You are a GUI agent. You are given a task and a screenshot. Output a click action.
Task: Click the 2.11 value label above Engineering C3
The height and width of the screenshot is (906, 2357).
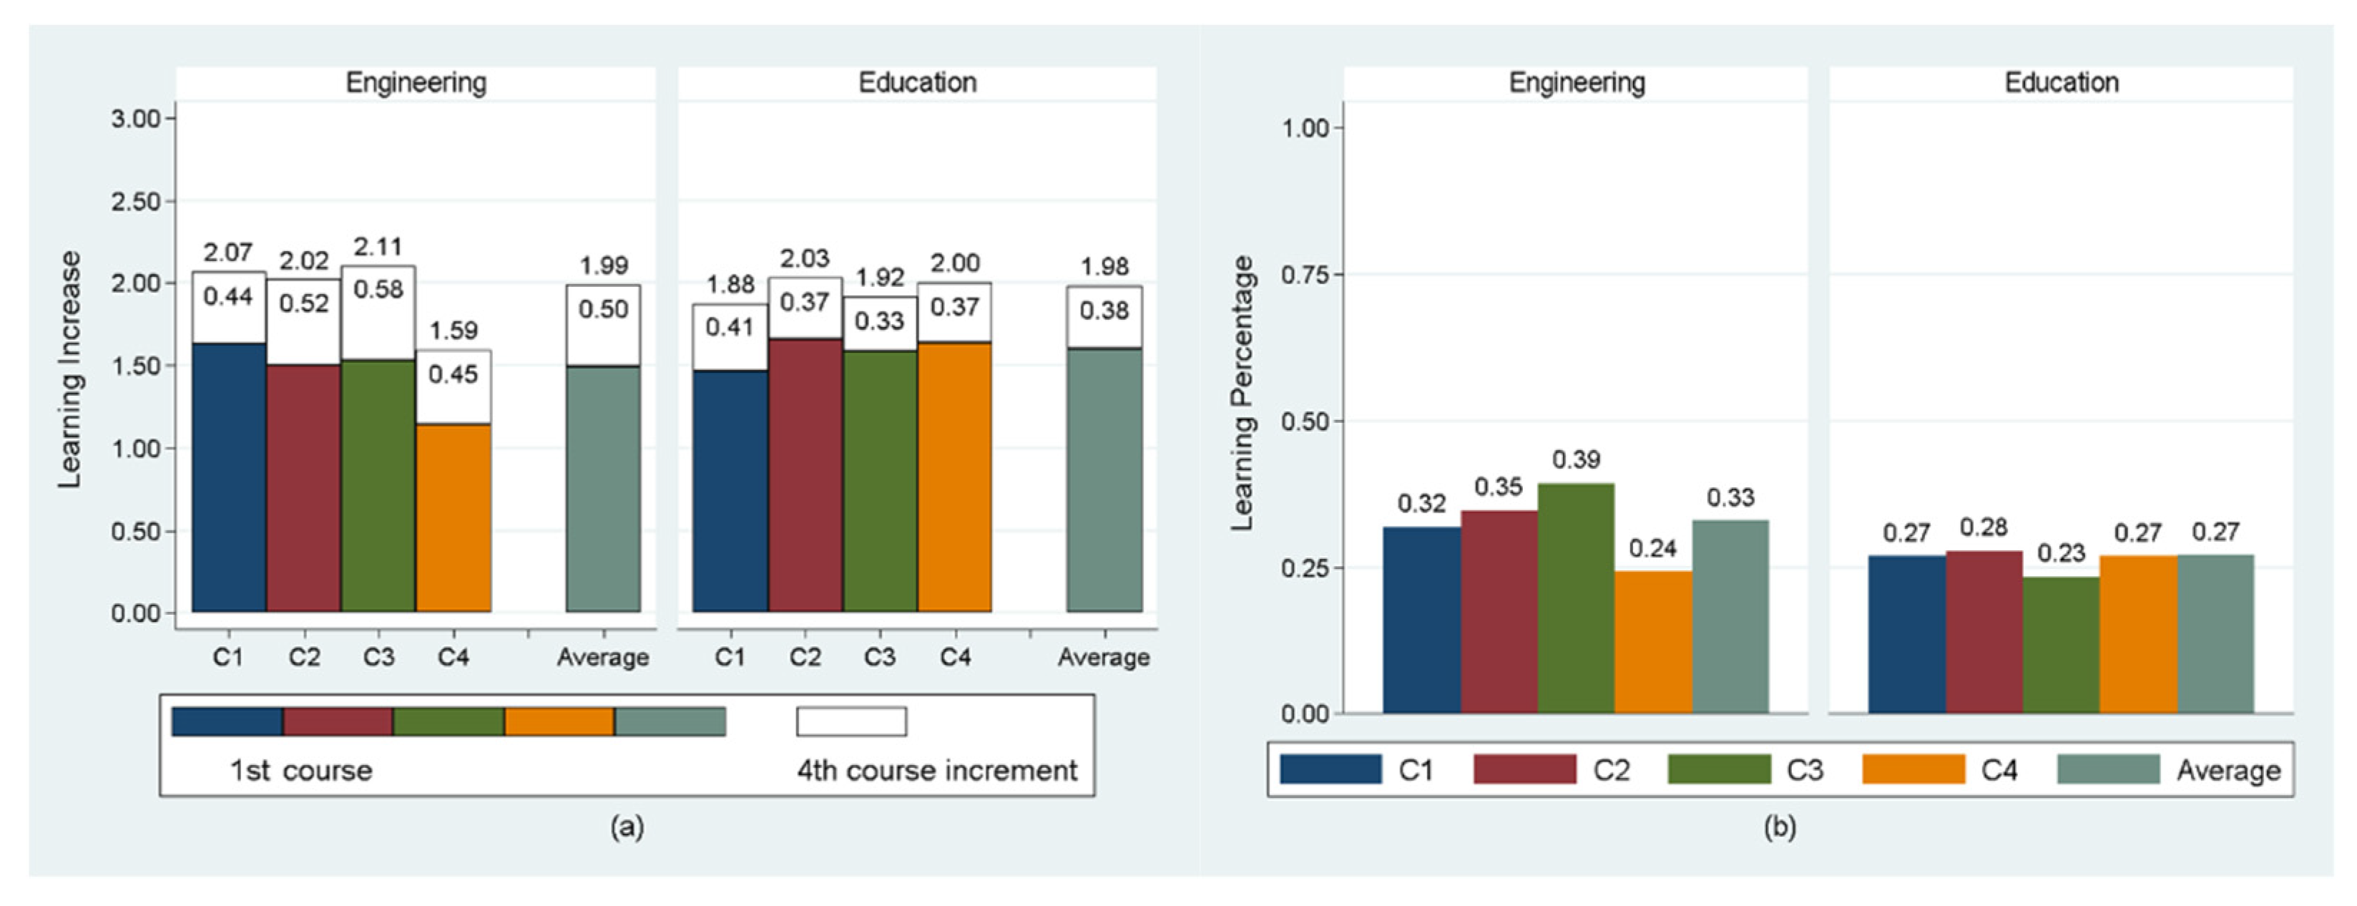tap(377, 247)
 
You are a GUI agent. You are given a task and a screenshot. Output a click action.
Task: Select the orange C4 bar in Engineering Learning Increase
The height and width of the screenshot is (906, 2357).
tap(453, 517)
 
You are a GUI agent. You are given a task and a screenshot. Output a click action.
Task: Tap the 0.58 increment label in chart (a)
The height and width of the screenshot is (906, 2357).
tap(378, 290)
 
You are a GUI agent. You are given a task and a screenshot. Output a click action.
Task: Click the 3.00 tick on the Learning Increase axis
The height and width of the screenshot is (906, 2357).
tap(135, 119)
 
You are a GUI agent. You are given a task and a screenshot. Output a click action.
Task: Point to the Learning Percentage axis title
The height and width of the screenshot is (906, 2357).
tap(1242, 394)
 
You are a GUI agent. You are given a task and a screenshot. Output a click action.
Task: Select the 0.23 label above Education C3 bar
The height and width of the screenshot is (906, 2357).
tap(2061, 552)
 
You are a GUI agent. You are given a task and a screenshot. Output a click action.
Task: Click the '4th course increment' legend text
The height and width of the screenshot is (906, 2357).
tap(937, 771)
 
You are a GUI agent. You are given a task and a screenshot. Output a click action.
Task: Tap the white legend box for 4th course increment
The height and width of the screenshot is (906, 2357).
tap(851, 721)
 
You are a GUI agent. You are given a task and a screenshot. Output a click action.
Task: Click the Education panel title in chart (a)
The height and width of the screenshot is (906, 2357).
tap(917, 82)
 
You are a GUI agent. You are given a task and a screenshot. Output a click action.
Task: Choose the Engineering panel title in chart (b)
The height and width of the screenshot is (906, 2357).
tap(1577, 82)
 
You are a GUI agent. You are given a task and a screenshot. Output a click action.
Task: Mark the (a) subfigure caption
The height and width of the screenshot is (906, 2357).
tap(627, 827)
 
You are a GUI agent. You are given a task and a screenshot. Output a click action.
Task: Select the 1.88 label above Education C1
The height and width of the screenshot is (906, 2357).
tap(730, 285)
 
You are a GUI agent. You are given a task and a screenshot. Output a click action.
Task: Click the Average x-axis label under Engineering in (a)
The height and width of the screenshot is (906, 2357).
tap(602, 657)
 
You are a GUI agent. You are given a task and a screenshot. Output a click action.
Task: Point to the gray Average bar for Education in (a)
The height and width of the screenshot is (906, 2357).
tap(1104, 480)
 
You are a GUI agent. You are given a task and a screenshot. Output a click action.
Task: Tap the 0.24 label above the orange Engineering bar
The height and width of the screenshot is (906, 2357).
tap(1652, 548)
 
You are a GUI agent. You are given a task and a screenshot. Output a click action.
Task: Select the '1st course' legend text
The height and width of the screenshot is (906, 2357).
tap(300, 771)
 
